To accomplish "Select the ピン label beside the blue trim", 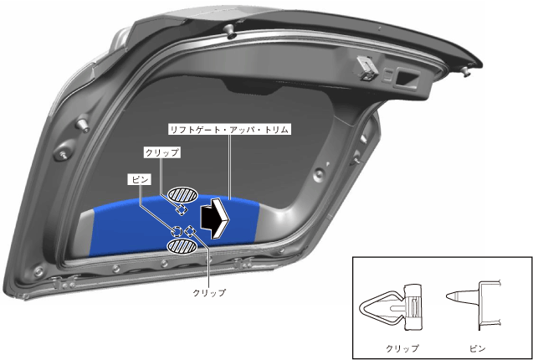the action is (139, 179).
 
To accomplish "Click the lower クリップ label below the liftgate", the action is (208, 293).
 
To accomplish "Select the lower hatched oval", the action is (181, 246).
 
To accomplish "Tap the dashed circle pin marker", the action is (177, 230).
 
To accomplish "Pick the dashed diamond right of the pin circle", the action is (191, 230).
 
